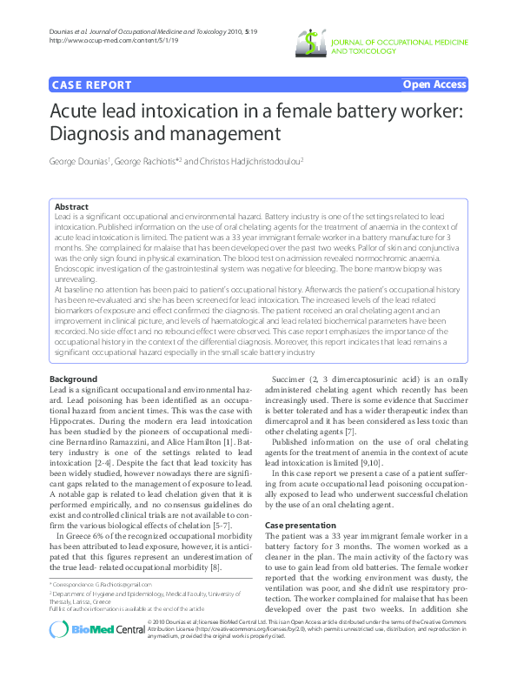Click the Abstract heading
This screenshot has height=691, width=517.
[x=71, y=207]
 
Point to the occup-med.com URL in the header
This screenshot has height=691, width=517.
[x=92, y=40]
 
